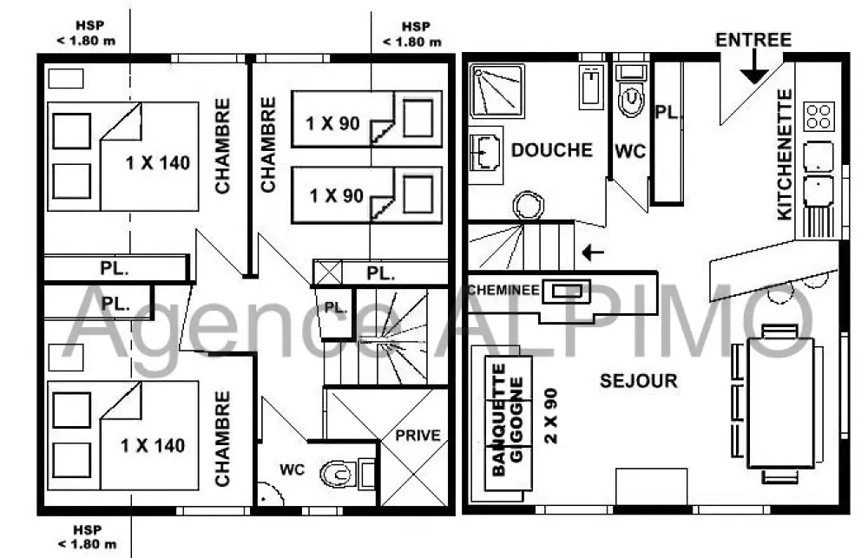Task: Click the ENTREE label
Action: (x=753, y=40)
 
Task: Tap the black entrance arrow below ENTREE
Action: (x=754, y=69)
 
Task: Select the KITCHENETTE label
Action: (x=785, y=154)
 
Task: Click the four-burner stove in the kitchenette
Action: (x=819, y=116)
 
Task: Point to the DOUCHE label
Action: (x=551, y=150)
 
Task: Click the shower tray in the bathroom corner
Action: (x=496, y=91)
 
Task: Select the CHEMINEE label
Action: (x=503, y=290)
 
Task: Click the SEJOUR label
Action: (x=638, y=381)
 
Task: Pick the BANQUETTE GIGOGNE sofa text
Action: (x=507, y=420)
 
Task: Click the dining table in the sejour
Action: (x=780, y=403)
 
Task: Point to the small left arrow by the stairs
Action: (x=593, y=253)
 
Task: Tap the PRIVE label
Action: (x=418, y=435)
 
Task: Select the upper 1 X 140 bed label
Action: (x=158, y=163)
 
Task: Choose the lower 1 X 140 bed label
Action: (x=153, y=446)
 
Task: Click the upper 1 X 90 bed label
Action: (x=333, y=123)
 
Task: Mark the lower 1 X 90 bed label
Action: (x=337, y=195)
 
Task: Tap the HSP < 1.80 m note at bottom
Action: (x=87, y=537)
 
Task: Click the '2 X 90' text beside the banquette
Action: (x=551, y=416)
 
